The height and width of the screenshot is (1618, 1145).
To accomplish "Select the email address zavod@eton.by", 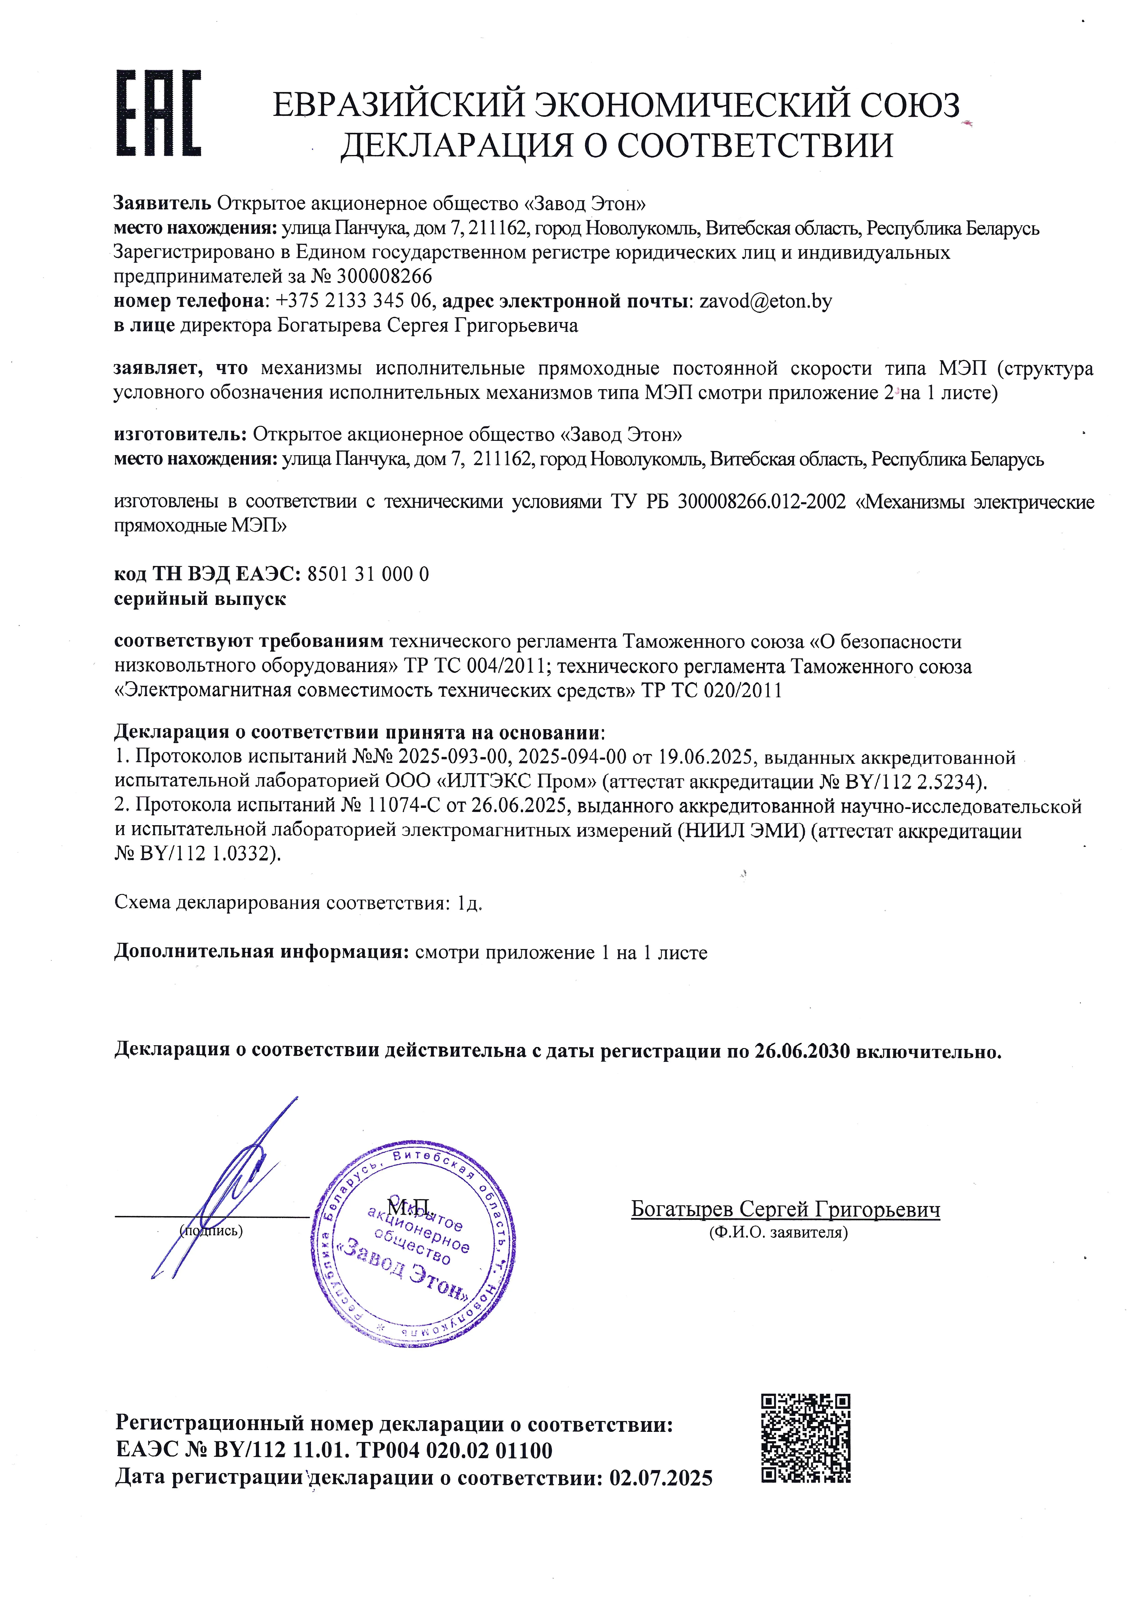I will (765, 302).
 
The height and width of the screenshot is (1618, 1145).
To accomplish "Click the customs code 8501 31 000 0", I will (368, 574).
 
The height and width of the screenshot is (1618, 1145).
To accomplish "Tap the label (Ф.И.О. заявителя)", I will (778, 1233).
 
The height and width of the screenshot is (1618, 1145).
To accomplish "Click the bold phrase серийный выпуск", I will (200, 599).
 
